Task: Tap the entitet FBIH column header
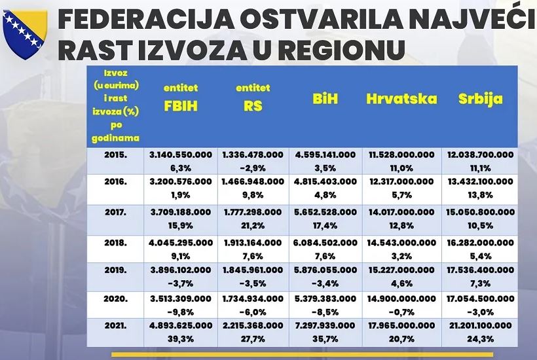click(x=181, y=99)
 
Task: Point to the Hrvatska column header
click(x=401, y=99)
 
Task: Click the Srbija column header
click(x=480, y=99)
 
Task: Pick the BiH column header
click(x=325, y=99)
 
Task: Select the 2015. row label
click(x=115, y=155)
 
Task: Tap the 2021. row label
click(x=115, y=324)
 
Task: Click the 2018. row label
click(x=115, y=242)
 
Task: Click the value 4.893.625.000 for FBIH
click(x=181, y=325)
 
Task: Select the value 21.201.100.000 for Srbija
click(x=480, y=325)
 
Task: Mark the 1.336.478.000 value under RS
click(x=253, y=155)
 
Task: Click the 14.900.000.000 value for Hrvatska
click(x=401, y=297)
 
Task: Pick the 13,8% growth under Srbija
click(x=480, y=194)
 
